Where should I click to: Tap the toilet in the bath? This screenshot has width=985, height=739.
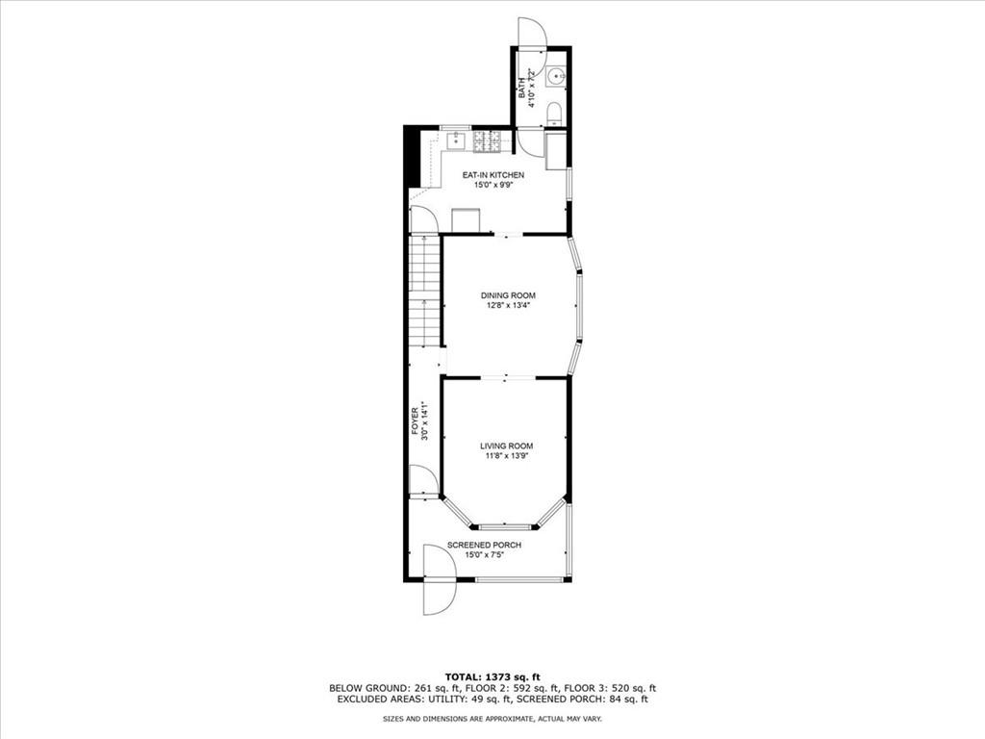pos(555,115)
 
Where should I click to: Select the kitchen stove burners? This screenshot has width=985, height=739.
pos(486,141)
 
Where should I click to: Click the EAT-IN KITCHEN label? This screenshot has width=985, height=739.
pos(493,174)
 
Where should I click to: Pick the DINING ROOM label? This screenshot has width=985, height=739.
pos(508,295)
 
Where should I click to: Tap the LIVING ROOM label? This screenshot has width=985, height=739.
pos(507,446)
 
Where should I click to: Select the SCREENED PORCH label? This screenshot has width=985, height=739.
pos(484,545)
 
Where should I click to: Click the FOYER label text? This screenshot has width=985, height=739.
pos(416,421)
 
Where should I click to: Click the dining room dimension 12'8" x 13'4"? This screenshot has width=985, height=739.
pos(508,306)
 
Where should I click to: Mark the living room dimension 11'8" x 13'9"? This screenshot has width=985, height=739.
pos(507,456)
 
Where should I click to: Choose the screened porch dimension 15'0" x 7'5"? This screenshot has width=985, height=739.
pos(484,554)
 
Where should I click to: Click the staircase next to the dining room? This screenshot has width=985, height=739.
pos(425,293)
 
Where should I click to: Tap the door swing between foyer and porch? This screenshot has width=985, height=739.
pos(423,480)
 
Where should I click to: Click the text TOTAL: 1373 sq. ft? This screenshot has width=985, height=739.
pos(492,675)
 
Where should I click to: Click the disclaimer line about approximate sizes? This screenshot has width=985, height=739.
pos(492,718)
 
